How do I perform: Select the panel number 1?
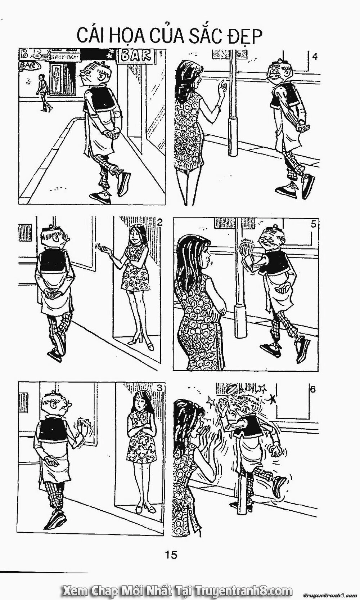(160, 54)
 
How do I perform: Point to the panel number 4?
(315, 57)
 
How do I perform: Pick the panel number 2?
(159, 222)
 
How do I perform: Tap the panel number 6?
(312, 389)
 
